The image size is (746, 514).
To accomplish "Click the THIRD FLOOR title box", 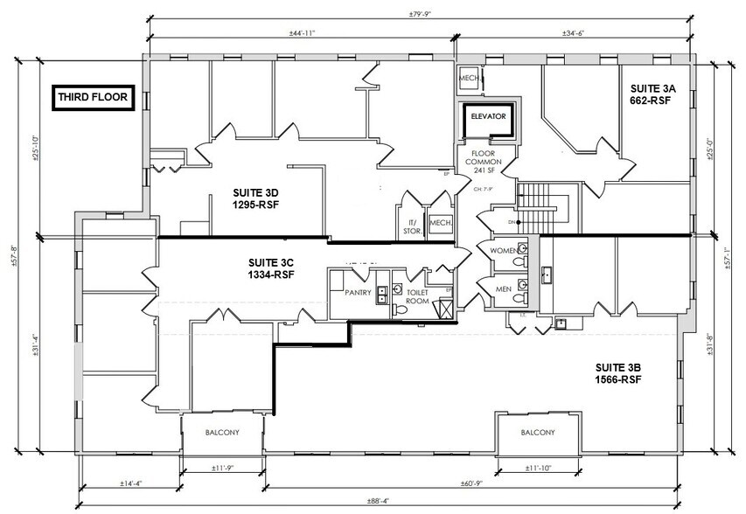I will coord(91,98).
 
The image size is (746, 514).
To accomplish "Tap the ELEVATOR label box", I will coord(489,116).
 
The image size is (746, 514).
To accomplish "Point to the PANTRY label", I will coord(359,293).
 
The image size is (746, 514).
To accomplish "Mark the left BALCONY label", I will coord(222,433).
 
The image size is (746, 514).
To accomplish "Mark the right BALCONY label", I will coord(537,433).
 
